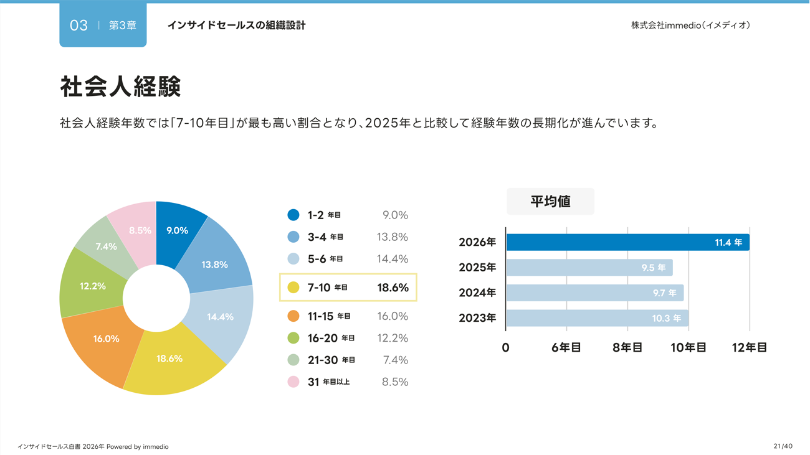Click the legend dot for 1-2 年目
(x=293, y=215)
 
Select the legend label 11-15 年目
(x=329, y=316)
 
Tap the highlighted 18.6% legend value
(x=393, y=288)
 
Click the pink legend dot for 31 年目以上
(x=293, y=382)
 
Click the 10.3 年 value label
(x=666, y=318)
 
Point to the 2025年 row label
(x=477, y=268)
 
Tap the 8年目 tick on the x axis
(x=627, y=347)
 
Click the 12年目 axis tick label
(x=749, y=347)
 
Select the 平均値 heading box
(x=550, y=201)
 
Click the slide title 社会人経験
(x=120, y=87)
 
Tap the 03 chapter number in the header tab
(x=79, y=26)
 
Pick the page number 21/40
(x=783, y=446)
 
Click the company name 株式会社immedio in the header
(x=690, y=26)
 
